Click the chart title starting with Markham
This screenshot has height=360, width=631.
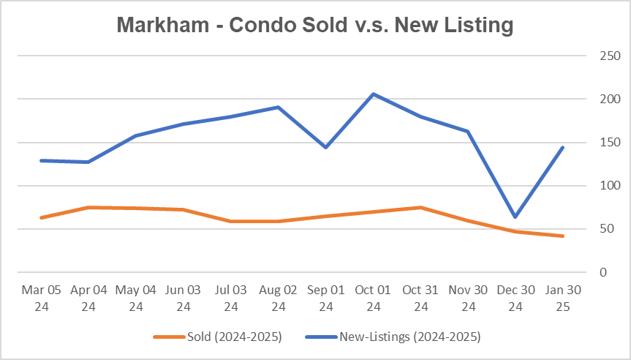point(315,25)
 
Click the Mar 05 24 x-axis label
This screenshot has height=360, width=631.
point(41,299)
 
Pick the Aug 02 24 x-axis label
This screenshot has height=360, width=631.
point(279,299)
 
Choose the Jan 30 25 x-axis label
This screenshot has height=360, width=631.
point(563,299)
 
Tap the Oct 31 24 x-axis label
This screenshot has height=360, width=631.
point(421,299)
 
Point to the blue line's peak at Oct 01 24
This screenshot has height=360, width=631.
point(374,94)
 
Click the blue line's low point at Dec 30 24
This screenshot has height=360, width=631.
point(516,217)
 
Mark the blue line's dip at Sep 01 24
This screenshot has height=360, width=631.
point(326,147)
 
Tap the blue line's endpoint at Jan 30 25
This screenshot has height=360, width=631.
point(563,147)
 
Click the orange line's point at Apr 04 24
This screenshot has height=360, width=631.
point(88,207)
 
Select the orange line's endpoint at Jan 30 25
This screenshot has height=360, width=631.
point(563,236)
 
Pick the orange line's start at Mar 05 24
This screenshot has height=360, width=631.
point(41,217)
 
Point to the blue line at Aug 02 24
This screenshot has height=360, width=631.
point(279,107)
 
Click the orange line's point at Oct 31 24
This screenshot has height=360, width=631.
point(421,207)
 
